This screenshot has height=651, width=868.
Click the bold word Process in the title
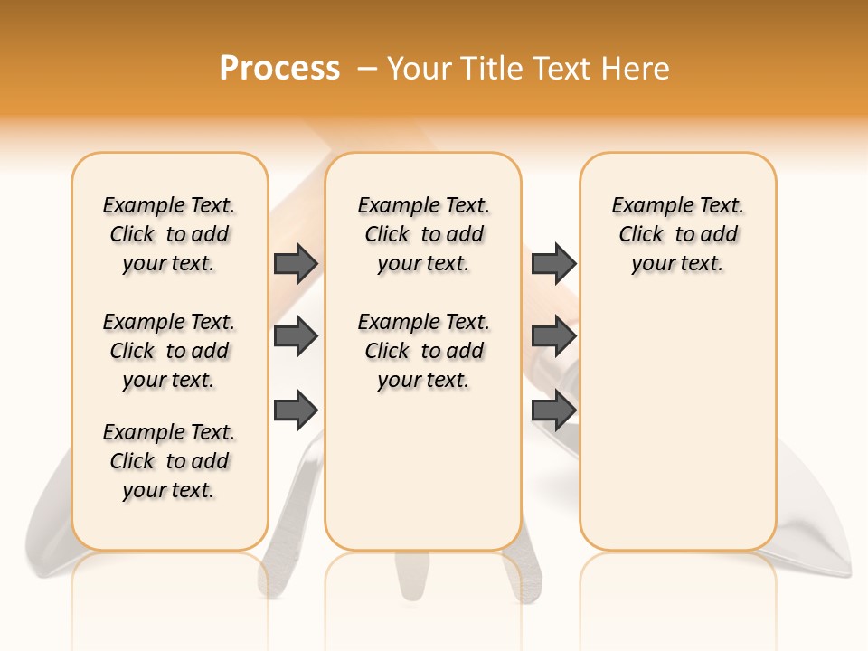(279, 69)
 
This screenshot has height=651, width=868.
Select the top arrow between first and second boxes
(296, 263)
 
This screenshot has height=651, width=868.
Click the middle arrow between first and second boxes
(296, 336)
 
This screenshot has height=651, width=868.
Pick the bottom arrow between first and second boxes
(296, 410)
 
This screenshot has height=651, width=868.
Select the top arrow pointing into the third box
(553, 263)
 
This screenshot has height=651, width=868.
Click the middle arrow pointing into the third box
(553, 336)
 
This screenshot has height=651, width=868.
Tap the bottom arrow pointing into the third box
(553, 410)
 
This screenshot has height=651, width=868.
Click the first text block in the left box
(169, 234)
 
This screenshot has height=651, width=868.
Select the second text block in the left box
(169, 351)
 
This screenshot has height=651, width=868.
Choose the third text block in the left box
(169, 461)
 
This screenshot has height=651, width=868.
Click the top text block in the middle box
(423, 234)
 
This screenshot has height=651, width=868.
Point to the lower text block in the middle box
(423, 351)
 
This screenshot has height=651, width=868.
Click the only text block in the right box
(677, 234)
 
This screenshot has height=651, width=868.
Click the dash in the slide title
(367, 69)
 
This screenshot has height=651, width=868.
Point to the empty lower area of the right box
(677, 434)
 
